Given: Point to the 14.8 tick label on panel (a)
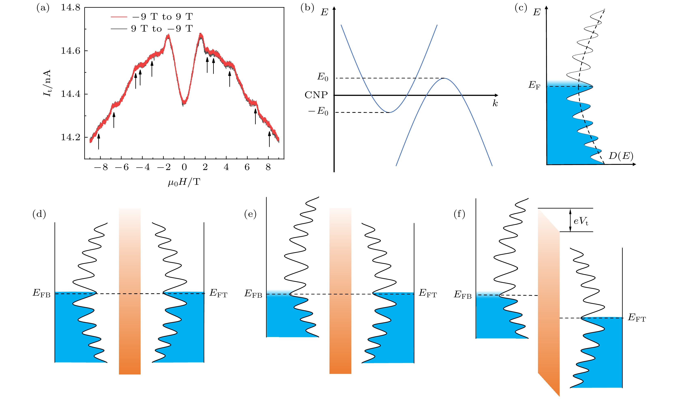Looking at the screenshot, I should click(x=71, y=7).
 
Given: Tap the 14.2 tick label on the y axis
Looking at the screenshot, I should click(x=71, y=137).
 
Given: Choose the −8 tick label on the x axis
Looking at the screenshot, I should click(x=101, y=167).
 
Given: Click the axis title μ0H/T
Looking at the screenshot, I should click(x=184, y=182).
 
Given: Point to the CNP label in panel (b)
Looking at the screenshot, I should click(x=316, y=95).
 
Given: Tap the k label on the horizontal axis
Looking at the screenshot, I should click(x=495, y=103).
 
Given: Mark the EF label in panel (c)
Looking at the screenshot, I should click(x=534, y=85).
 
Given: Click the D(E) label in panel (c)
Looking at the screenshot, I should click(x=621, y=156).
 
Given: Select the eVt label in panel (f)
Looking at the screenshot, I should click(x=581, y=221).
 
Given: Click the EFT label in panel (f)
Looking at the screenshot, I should click(x=637, y=318).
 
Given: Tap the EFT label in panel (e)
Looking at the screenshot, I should click(x=428, y=293).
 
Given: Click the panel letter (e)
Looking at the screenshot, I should click(x=250, y=214).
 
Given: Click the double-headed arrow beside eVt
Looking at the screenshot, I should click(x=570, y=220).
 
